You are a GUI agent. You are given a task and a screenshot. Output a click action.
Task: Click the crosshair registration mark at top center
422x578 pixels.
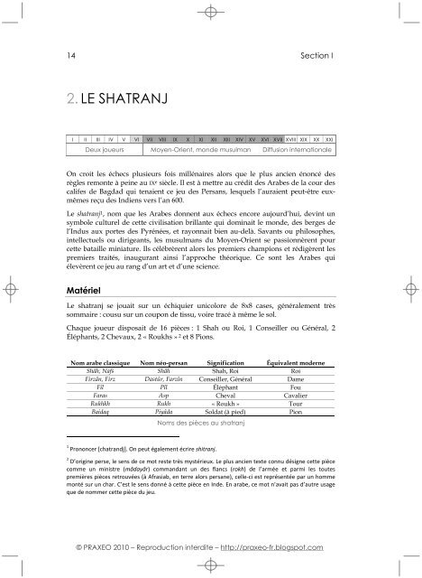point(211,13)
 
